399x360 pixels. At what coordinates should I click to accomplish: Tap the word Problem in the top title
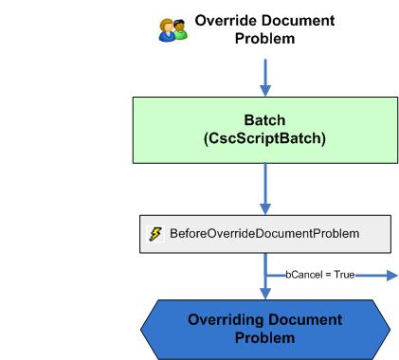pos(264,38)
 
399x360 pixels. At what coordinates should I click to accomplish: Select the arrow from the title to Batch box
pos(265,74)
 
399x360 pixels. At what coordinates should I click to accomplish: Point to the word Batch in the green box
pos(265,121)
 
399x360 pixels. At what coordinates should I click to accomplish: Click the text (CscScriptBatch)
pos(265,139)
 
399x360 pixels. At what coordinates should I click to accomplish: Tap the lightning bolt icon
pos(155,233)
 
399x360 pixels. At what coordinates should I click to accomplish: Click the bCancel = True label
pos(319,275)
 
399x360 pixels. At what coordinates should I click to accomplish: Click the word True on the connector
pos(342,275)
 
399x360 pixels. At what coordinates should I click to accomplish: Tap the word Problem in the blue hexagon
pos(265,338)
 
